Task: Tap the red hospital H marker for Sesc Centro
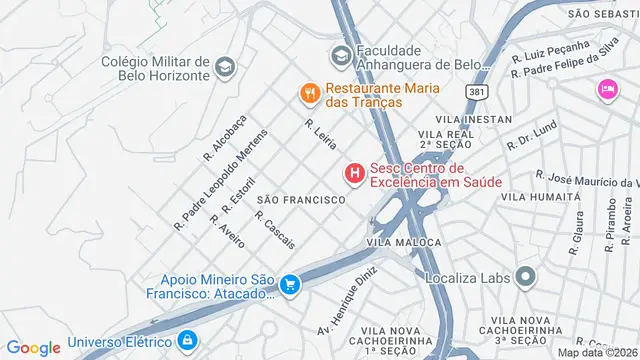[x=354, y=174]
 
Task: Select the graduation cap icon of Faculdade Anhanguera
[x=340, y=55]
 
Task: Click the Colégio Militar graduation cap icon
[x=225, y=68]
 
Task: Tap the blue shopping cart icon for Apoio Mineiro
[x=290, y=285]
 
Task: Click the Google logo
[x=33, y=347]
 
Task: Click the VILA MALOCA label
[x=403, y=243]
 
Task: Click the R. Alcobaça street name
[x=224, y=138]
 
